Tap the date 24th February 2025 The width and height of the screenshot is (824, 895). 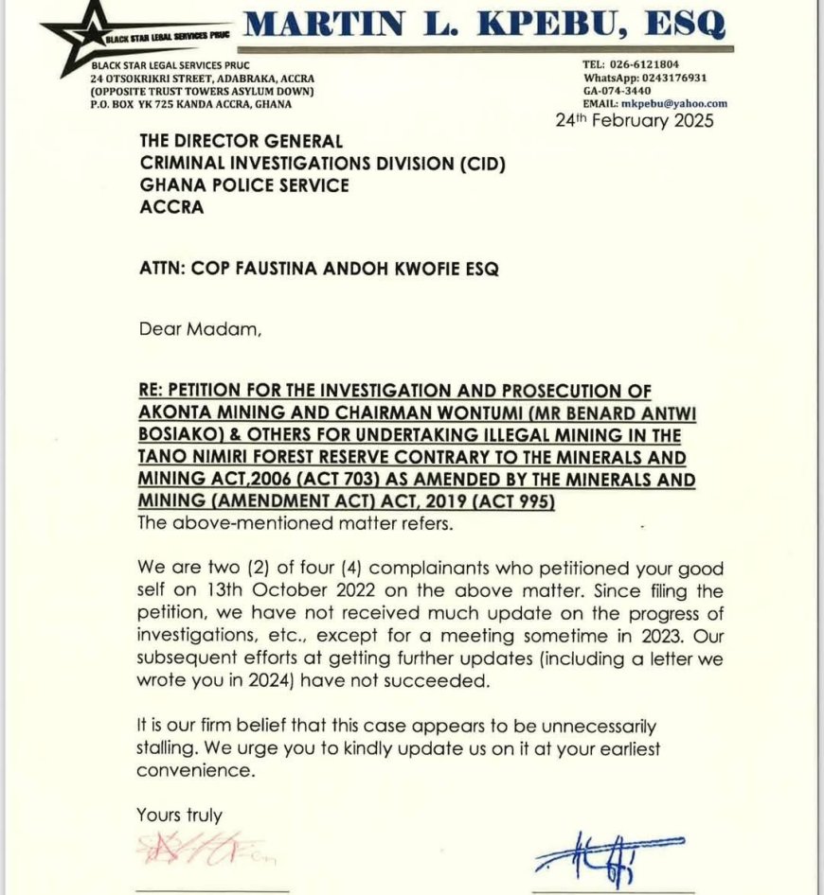634,120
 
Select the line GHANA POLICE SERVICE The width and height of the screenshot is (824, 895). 244,185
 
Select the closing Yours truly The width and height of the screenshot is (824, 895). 179,814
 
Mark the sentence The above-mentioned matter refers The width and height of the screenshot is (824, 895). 271,522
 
